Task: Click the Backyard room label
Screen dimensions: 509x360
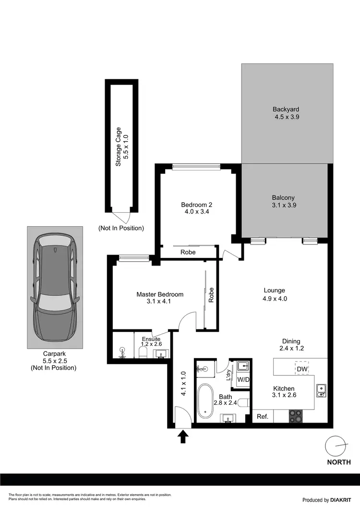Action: (x=287, y=112)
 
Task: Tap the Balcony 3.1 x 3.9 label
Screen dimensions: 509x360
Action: (x=283, y=201)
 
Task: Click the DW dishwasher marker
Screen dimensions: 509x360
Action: (x=302, y=369)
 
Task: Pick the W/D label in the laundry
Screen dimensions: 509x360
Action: (x=244, y=379)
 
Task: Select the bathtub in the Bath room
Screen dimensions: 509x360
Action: (x=207, y=400)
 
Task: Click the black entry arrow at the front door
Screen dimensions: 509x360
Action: (x=183, y=436)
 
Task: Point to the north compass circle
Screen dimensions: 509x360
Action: (x=336, y=447)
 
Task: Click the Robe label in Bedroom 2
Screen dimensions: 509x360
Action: (x=188, y=252)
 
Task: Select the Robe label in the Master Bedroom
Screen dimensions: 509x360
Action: (x=211, y=295)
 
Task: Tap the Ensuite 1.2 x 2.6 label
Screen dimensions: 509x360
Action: (x=151, y=341)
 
